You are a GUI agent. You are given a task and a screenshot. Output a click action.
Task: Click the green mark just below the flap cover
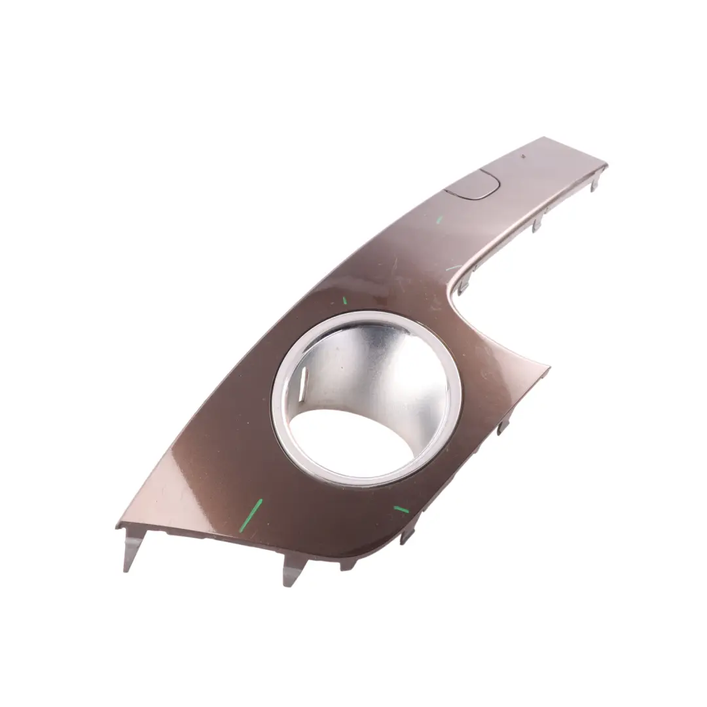pos(439,219)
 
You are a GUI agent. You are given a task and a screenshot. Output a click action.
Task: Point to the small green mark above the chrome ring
pos(344,300)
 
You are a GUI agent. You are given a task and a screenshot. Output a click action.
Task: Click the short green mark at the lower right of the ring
pos(401,509)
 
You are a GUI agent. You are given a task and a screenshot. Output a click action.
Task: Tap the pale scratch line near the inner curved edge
pos(453,267)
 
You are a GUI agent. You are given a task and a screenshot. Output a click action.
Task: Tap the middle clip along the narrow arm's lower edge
pos(537,224)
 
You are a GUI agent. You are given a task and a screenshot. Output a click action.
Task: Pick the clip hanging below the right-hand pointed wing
pos(503,427)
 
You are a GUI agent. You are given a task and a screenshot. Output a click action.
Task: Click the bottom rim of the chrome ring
pos(367,481)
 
